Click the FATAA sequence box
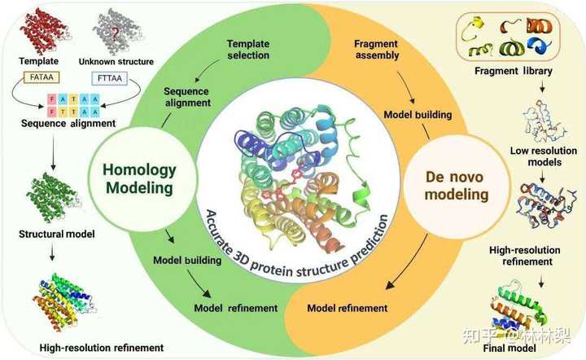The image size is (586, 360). [x=42, y=77]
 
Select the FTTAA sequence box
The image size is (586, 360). [x=110, y=78]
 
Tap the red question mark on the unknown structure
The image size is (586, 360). [x=116, y=34]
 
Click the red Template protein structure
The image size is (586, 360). [x=44, y=31]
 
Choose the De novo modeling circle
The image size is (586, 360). [x=457, y=187]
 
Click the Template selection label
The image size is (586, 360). [x=248, y=50]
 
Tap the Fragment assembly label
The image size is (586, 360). [x=376, y=50]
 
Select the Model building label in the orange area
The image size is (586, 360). [x=418, y=114]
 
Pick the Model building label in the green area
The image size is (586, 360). [x=187, y=260]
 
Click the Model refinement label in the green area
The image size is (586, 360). [x=236, y=308]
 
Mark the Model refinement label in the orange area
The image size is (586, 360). [x=348, y=308]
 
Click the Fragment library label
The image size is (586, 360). [x=513, y=71]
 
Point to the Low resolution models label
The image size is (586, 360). [x=544, y=156]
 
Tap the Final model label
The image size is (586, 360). [x=509, y=348]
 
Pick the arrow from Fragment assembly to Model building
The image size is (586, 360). [x=407, y=86]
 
